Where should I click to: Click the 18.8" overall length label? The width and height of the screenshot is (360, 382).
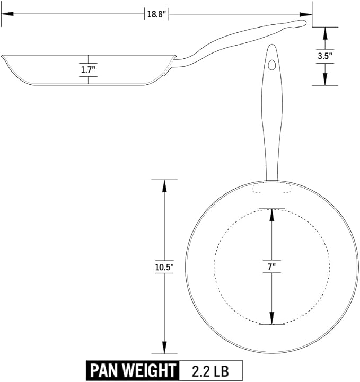pyautogui.click(x=156, y=14)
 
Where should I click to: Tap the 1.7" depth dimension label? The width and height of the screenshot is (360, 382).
pyautogui.click(x=88, y=70)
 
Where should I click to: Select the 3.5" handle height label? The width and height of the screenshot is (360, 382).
pyautogui.click(x=325, y=56)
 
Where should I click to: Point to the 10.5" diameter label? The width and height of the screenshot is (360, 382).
pyautogui.click(x=164, y=267)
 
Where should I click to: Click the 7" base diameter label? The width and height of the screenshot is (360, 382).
pyautogui.click(x=271, y=267)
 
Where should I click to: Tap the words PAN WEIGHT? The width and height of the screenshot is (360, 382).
pyautogui.click(x=133, y=370)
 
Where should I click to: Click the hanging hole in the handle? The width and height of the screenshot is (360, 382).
pyautogui.click(x=272, y=65)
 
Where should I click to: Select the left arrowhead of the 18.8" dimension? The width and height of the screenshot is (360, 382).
pyautogui.click(x=7, y=14)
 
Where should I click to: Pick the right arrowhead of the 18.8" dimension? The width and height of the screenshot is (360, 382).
pyautogui.click(x=306, y=14)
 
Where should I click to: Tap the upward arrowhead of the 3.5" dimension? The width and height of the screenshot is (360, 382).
pyautogui.click(x=325, y=33)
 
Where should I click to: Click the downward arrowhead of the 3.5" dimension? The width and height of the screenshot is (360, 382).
pyautogui.click(x=325, y=79)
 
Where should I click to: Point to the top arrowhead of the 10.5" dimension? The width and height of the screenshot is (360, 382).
pyautogui.click(x=164, y=186)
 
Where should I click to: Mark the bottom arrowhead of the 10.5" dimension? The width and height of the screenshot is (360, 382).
pyautogui.click(x=164, y=348)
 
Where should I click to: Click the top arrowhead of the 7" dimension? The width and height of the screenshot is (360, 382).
pyautogui.click(x=272, y=215)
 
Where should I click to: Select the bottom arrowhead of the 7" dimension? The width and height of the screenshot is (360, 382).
pyautogui.click(x=272, y=318)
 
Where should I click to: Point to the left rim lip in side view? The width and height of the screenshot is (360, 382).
pyautogui.click(x=3, y=57)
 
